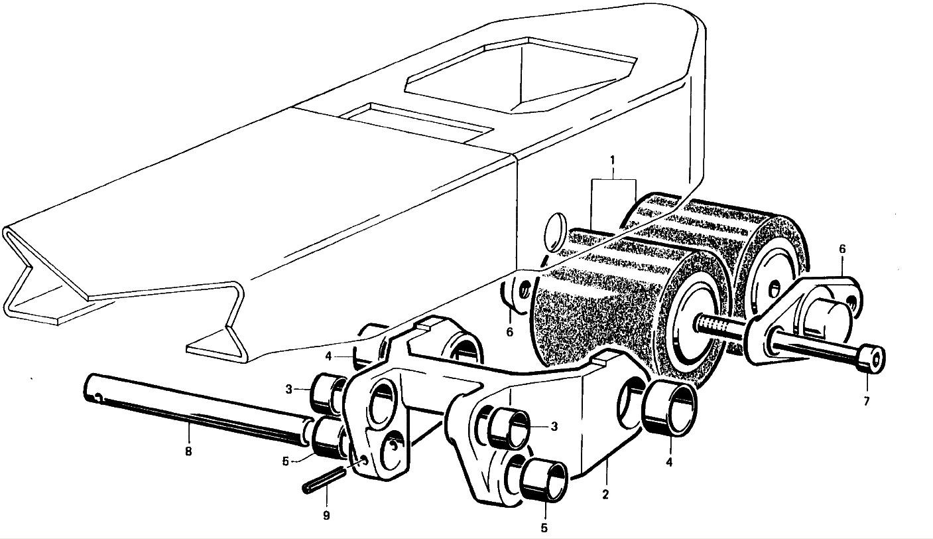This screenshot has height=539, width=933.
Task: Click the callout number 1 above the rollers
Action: (x=613, y=161)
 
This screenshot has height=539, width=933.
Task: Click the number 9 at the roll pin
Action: (x=326, y=514)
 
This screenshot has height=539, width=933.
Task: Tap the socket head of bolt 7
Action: (x=870, y=359)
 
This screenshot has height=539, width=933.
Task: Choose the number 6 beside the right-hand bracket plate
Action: (x=842, y=249)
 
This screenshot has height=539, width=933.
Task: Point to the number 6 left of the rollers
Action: (x=509, y=331)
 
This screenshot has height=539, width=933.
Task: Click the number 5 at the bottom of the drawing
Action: (x=543, y=528)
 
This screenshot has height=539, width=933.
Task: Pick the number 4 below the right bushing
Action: (x=669, y=462)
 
